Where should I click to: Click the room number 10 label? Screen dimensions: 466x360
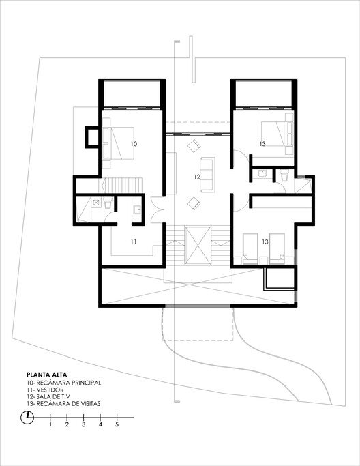point(134,144)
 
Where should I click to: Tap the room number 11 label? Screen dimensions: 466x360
point(134,242)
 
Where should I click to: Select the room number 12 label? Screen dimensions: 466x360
point(196,177)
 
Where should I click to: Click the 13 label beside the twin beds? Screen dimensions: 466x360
point(264,242)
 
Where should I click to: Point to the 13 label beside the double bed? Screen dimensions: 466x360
point(262,144)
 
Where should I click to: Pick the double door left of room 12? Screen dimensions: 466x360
point(158,207)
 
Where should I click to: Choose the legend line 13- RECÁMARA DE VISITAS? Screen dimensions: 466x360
point(63,405)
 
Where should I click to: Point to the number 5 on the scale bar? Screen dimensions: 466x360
point(117,425)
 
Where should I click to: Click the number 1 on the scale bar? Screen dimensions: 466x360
point(50,425)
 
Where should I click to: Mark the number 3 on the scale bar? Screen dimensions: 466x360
point(84,425)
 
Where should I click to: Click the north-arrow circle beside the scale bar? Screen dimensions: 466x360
point(27,419)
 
